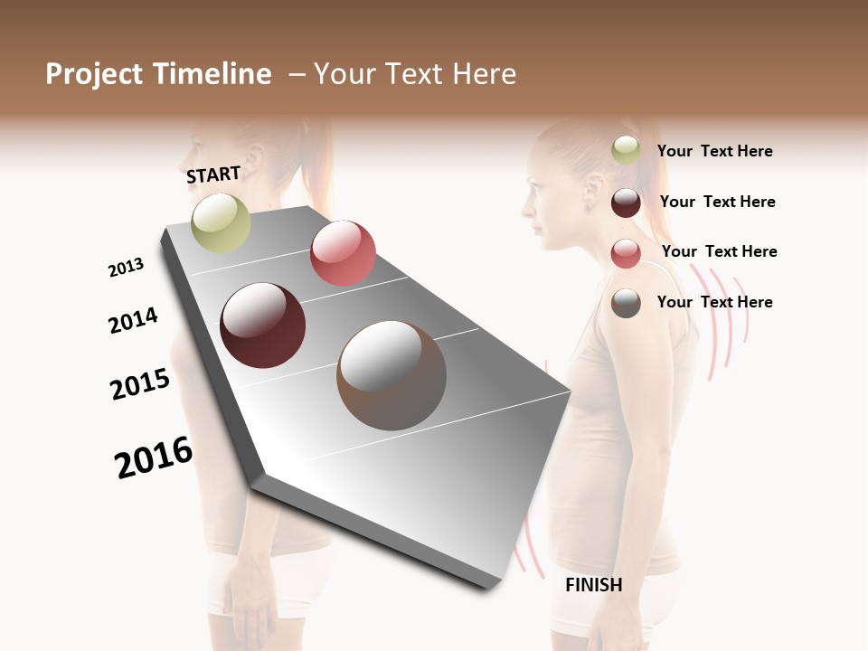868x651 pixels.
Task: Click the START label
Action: click(x=213, y=175)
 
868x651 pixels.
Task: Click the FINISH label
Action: click(x=593, y=585)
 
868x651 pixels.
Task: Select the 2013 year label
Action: click(x=126, y=268)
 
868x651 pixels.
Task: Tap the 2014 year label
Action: click(x=133, y=320)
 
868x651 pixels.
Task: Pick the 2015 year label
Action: click(x=140, y=384)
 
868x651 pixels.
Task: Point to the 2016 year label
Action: click(x=154, y=458)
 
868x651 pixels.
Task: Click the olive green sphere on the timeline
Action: click(x=221, y=222)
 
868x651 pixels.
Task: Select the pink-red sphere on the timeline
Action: click(x=343, y=253)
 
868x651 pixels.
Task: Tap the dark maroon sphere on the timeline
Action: click(x=263, y=325)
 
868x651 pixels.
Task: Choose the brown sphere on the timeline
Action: click(x=391, y=375)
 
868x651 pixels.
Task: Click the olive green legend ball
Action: click(x=626, y=151)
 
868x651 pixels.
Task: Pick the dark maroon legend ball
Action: click(x=626, y=203)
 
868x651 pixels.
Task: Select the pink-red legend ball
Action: click(x=626, y=253)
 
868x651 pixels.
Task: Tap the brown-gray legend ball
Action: click(x=626, y=303)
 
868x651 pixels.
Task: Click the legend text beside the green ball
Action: click(x=714, y=151)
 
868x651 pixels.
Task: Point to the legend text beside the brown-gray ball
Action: click(x=714, y=302)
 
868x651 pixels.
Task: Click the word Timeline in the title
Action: click(x=212, y=74)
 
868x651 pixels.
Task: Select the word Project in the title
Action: click(x=94, y=74)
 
